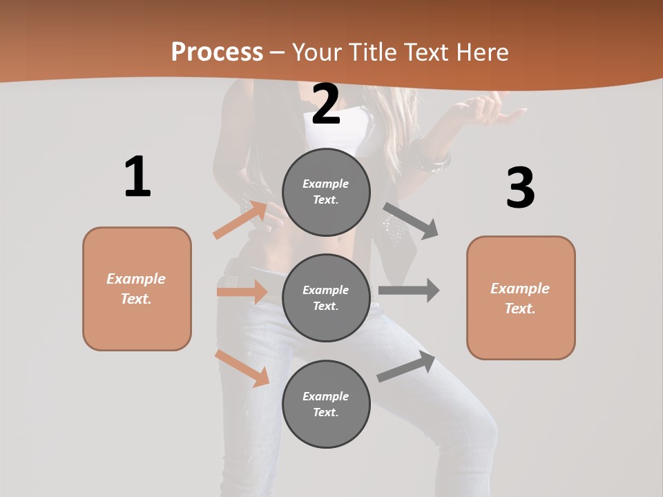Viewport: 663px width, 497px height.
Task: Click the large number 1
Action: click(x=137, y=177)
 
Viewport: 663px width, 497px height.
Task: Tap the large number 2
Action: click(x=326, y=104)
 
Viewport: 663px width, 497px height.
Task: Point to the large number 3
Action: click(x=520, y=188)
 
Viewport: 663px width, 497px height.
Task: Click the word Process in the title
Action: click(x=217, y=52)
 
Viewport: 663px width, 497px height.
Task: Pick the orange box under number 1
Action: click(x=137, y=289)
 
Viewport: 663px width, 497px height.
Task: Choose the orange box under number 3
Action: click(x=521, y=298)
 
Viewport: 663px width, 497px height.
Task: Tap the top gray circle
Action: click(x=326, y=192)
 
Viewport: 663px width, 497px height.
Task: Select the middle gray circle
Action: click(x=326, y=298)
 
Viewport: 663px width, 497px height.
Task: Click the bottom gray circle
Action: click(x=326, y=404)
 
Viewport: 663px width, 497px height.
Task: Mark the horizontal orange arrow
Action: click(x=242, y=292)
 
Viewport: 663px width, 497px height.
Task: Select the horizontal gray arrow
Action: click(x=409, y=291)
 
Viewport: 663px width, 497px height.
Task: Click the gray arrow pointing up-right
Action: click(x=407, y=367)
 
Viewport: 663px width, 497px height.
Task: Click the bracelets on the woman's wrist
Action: click(x=433, y=157)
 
